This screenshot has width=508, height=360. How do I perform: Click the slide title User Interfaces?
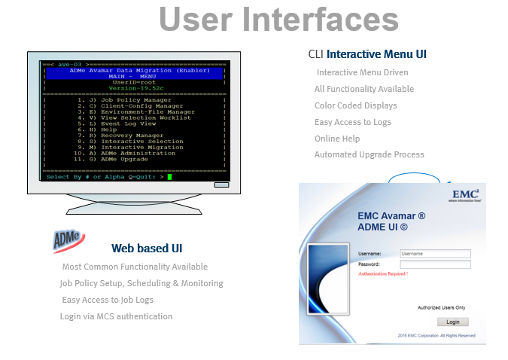click(x=279, y=20)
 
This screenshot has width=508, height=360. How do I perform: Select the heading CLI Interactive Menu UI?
click(x=367, y=54)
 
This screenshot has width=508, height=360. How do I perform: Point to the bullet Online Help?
click(x=337, y=139)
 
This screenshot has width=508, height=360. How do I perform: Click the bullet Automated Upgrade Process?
click(x=369, y=154)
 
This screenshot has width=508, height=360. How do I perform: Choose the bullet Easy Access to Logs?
click(x=352, y=122)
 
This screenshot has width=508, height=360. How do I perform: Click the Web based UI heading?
click(x=147, y=248)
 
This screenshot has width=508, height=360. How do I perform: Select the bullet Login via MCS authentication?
click(x=116, y=316)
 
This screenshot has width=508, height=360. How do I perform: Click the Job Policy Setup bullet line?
click(x=141, y=283)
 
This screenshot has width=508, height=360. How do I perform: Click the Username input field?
click(x=435, y=254)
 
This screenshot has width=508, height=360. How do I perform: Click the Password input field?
click(x=435, y=264)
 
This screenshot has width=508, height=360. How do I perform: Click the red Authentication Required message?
click(x=383, y=274)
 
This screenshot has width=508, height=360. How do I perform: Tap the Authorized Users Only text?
click(x=441, y=307)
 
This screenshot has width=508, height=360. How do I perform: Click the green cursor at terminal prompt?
click(x=170, y=177)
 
